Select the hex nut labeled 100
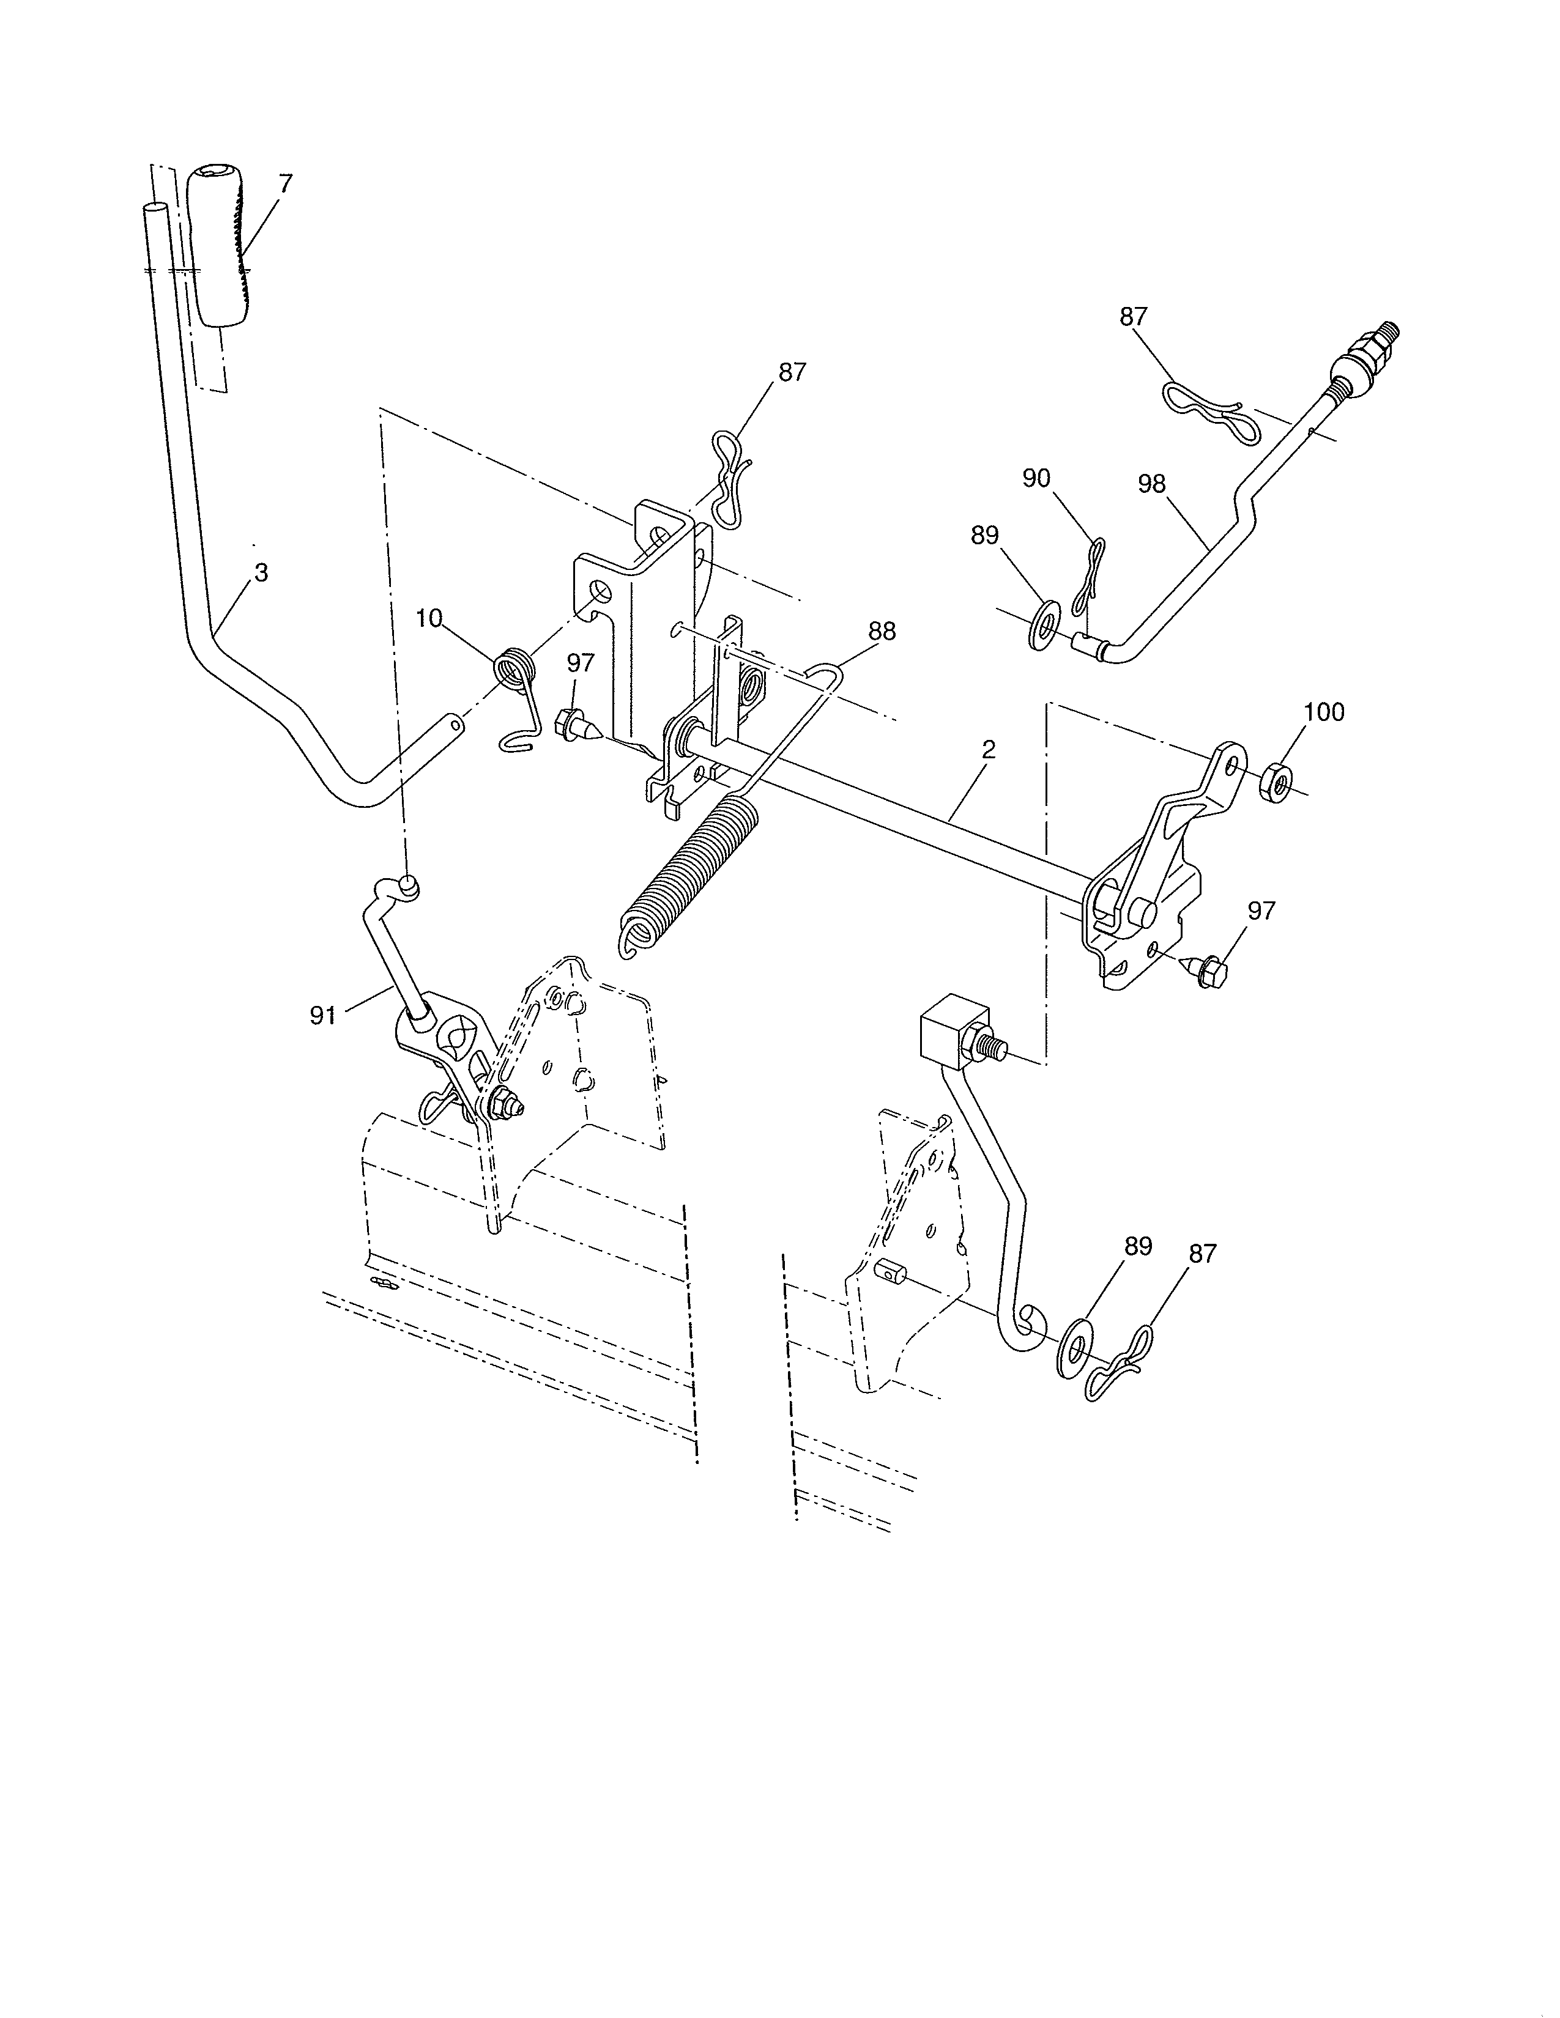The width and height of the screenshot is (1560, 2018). (1276, 781)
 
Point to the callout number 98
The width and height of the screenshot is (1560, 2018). (1151, 484)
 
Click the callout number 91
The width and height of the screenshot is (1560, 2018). (322, 1016)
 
